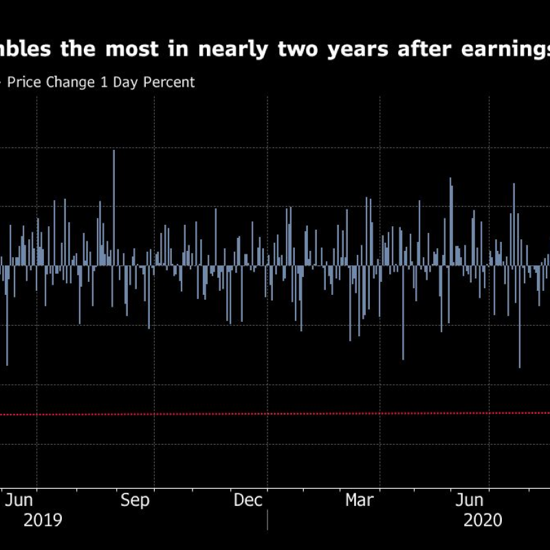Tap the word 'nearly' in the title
[x=232, y=50]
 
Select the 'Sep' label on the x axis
[x=135, y=500]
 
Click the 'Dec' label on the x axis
[x=248, y=500]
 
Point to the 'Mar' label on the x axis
[x=360, y=500]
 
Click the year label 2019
[x=43, y=520]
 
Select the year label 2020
[x=483, y=520]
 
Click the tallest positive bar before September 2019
[x=113, y=206]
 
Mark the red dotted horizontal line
[x=275, y=413]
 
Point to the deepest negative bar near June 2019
[x=8, y=316]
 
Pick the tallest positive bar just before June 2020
[x=451, y=220]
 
